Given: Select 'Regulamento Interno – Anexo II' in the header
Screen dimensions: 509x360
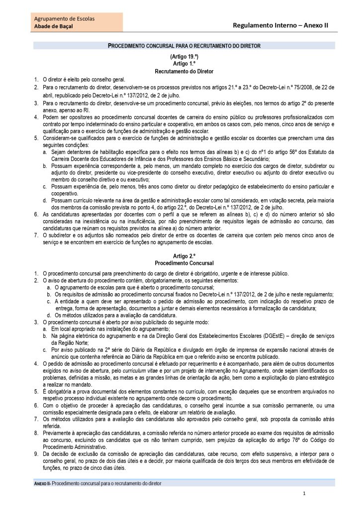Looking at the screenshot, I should click(281, 24).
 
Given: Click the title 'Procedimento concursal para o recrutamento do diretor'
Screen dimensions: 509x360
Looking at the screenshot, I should click(184, 46).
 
